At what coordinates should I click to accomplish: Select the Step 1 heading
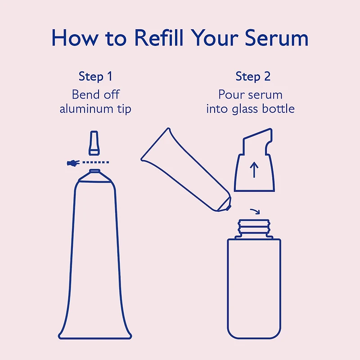pos(95,76)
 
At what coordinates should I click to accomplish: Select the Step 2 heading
pos(253,76)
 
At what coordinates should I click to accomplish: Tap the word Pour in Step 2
pos(231,94)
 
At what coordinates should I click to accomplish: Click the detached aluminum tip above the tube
pos(94,142)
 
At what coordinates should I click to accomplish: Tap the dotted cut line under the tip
pos(96,162)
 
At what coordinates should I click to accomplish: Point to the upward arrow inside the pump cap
pos(254,170)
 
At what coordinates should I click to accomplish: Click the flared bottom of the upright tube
pos(95,331)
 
